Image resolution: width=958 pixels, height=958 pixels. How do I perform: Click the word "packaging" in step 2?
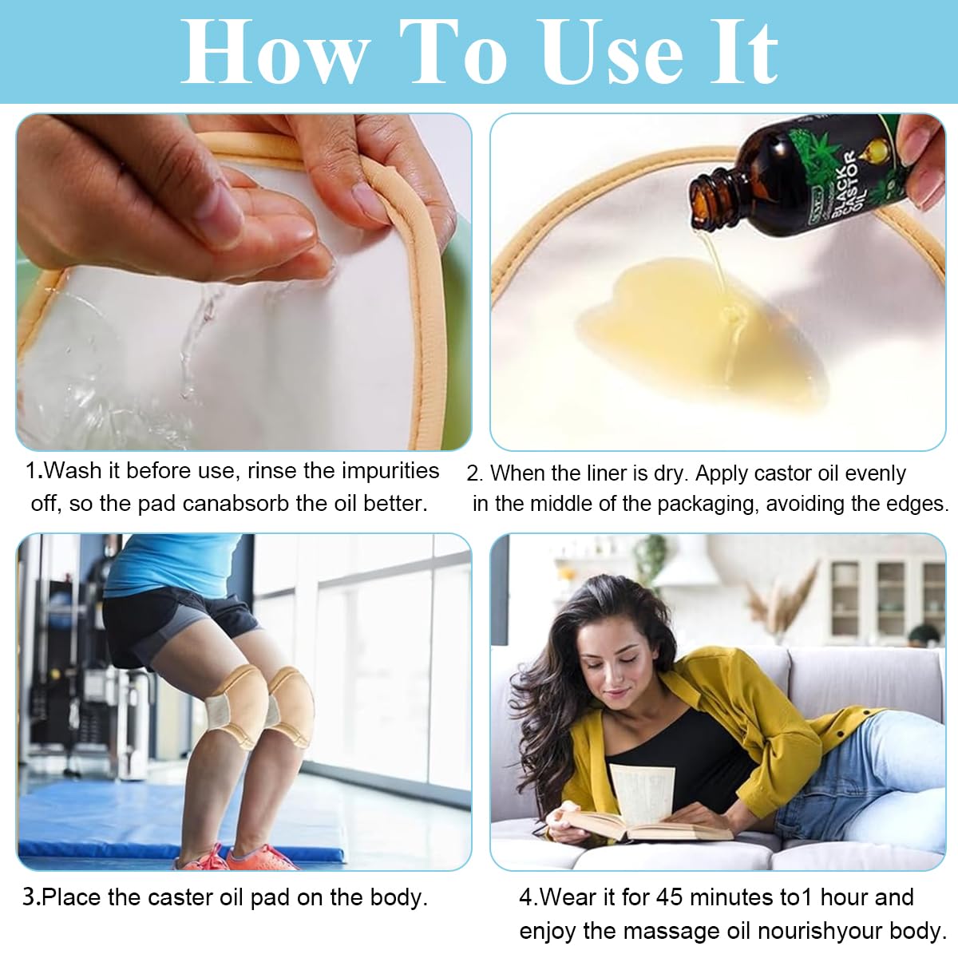tap(707, 504)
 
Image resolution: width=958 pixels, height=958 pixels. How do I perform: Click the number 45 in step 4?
tap(670, 897)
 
